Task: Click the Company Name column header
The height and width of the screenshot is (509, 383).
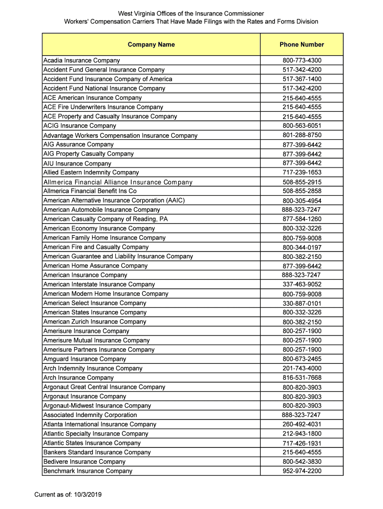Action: (x=151, y=45)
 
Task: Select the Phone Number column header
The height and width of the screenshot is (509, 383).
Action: (x=301, y=45)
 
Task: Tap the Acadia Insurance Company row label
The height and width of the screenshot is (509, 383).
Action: (x=82, y=60)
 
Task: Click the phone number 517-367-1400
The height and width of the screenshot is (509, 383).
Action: (x=302, y=79)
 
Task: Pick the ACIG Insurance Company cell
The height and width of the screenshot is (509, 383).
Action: (x=80, y=126)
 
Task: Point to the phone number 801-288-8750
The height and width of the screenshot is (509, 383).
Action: (x=302, y=135)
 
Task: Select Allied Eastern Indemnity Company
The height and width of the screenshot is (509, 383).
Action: (x=91, y=172)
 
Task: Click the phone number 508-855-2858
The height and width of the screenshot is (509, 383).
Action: (x=302, y=191)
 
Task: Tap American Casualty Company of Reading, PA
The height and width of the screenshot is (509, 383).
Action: (x=105, y=219)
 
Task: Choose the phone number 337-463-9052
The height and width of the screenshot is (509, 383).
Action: (x=302, y=284)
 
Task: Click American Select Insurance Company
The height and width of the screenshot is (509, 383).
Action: (x=95, y=303)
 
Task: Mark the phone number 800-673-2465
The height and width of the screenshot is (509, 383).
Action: (x=302, y=359)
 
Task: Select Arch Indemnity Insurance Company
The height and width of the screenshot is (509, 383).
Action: (x=93, y=368)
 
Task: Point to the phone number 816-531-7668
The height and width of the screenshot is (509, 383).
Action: (x=302, y=378)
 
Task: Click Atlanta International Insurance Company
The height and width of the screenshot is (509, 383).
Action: (x=99, y=424)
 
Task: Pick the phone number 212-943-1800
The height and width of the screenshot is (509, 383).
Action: (x=302, y=434)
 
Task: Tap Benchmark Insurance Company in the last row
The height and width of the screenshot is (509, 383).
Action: (x=88, y=471)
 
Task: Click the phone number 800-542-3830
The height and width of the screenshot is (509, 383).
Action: (x=302, y=462)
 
